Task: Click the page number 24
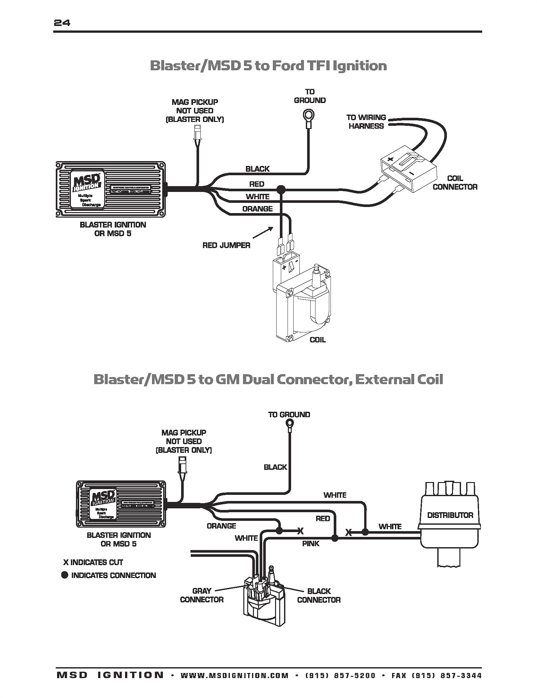click(x=62, y=23)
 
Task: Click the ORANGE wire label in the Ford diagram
click(x=257, y=209)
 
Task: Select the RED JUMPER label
click(x=226, y=246)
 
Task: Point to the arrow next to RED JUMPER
click(x=263, y=233)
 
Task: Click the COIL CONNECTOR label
click(x=455, y=183)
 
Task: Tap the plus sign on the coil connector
click(x=390, y=159)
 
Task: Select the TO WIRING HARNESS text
click(x=366, y=122)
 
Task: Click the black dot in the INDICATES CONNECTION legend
click(x=65, y=575)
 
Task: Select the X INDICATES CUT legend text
click(x=93, y=562)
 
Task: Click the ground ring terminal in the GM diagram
click(x=289, y=424)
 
